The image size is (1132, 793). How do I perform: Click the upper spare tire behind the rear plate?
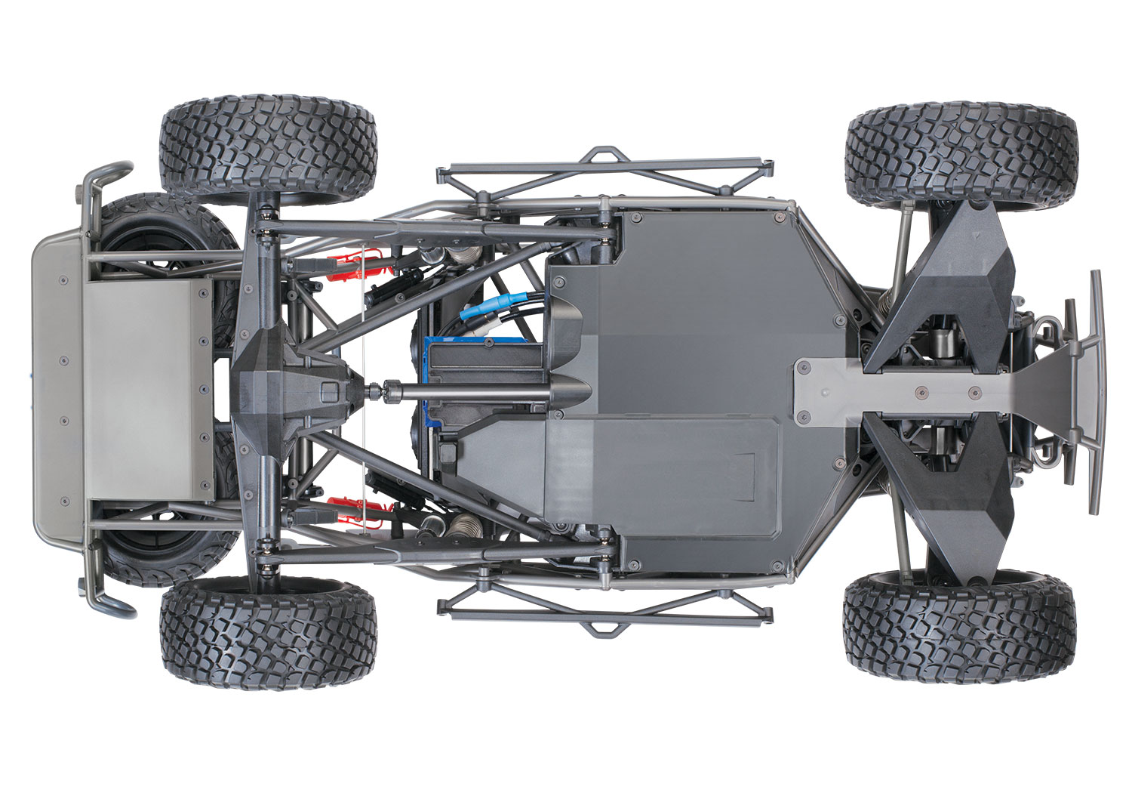[x=158, y=227]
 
